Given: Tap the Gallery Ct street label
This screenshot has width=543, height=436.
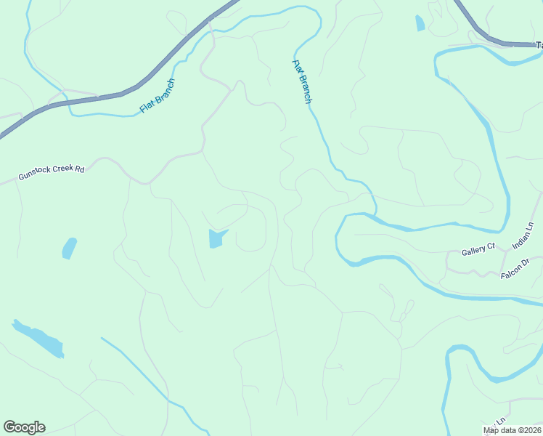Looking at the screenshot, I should [x=478, y=251].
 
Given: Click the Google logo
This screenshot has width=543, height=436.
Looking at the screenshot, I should [x=24, y=427].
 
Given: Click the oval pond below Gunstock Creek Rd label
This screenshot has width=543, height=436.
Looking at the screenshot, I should [x=69, y=248].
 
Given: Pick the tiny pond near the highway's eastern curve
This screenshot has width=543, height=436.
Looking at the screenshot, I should [x=420, y=23].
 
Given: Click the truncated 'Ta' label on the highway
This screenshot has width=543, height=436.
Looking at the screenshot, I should [x=539, y=45].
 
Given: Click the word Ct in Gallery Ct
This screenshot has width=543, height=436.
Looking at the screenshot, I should [x=490, y=249].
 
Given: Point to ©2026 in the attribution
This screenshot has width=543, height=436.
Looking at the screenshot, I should [x=530, y=430].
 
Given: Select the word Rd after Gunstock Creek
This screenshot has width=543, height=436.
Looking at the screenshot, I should [x=80, y=169].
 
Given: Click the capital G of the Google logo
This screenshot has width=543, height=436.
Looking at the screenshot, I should [x=9, y=427].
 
